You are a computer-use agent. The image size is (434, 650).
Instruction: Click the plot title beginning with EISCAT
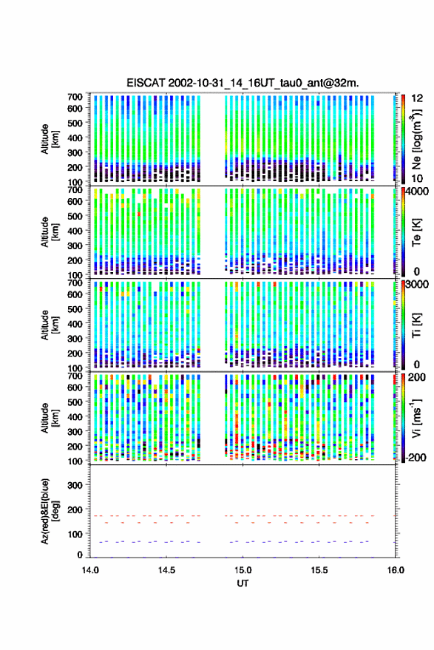(x=243, y=83)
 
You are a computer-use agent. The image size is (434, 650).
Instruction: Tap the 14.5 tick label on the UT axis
(x=166, y=570)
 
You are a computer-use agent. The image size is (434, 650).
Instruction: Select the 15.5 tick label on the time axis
(x=319, y=570)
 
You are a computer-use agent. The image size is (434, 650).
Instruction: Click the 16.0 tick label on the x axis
(x=396, y=570)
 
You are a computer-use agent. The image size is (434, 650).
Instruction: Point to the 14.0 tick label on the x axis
(x=90, y=570)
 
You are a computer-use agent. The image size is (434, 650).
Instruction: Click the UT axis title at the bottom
(x=243, y=583)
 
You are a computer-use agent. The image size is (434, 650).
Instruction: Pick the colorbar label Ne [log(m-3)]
(x=416, y=139)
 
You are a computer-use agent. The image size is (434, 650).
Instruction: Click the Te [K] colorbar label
(x=416, y=232)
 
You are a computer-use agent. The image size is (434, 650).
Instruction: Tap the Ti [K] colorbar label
(x=416, y=325)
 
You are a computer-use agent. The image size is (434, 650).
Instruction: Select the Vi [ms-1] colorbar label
(x=416, y=418)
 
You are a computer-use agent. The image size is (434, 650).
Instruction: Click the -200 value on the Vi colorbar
(x=416, y=457)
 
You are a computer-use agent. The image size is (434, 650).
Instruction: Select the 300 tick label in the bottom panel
(x=75, y=485)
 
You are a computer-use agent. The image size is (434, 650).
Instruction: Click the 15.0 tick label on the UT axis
(x=243, y=570)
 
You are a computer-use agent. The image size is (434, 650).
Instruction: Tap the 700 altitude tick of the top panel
(x=75, y=97)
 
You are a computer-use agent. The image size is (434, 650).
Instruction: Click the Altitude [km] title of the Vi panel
(x=50, y=418)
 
